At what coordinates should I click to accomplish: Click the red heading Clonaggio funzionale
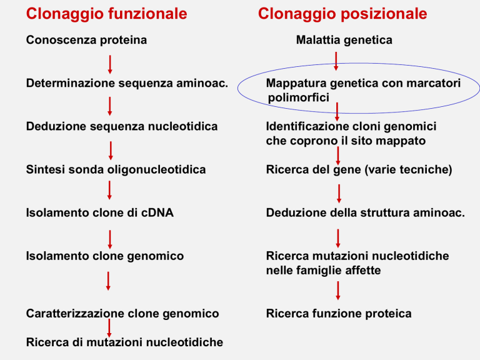pyautogui.click(x=106, y=14)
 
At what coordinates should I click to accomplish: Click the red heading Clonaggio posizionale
pyautogui.click(x=342, y=14)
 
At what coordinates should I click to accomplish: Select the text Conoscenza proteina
pyautogui.click(x=86, y=40)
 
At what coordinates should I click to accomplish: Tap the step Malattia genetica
pyautogui.click(x=344, y=40)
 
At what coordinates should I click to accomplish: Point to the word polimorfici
pyautogui.click(x=299, y=97)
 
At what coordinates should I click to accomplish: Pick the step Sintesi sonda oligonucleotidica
pyautogui.click(x=116, y=169)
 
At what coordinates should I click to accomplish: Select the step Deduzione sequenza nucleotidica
pyautogui.click(x=122, y=126)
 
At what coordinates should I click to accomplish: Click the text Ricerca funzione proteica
pyautogui.click(x=339, y=314)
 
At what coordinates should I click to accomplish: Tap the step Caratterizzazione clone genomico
pyautogui.click(x=122, y=314)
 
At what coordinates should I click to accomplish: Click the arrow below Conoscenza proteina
pyautogui.click(x=110, y=64)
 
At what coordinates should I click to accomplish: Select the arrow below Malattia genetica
pyautogui.click(x=336, y=61)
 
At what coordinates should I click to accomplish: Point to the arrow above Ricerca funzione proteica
pyautogui.click(x=338, y=291)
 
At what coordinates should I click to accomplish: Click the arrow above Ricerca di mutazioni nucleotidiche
pyautogui.click(x=109, y=328)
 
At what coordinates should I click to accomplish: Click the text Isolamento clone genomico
pyautogui.click(x=105, y=256)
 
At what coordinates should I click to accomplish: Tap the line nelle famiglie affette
pyautogui.click(x=323, y=271)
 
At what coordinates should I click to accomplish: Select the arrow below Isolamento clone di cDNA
pyautogui.click(x=110, y=240)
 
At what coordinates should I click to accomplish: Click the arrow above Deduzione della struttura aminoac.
pyautogui.click(x=339, y=194)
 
